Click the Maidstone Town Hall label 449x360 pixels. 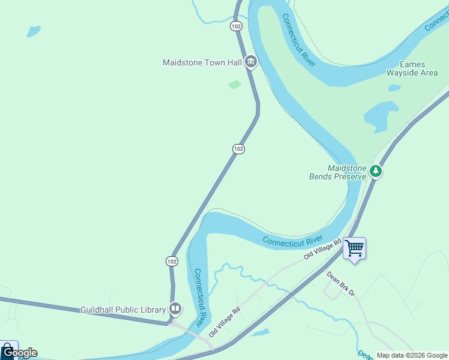click(202, 62)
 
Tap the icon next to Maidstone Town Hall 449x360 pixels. click(251, 62)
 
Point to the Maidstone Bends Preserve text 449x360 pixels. click(337, 173)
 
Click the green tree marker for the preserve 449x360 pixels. click(376, 172)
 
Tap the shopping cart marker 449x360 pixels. click(354, 247)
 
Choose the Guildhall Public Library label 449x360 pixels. click(123, 310)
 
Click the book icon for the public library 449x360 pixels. click(175, 310)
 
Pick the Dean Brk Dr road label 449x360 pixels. click(341, 284)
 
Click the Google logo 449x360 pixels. click(19, 353)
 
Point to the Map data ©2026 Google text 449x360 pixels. click(412, 355)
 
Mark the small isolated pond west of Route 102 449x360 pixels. click(34, 31)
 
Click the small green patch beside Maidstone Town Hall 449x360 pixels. click(235, 85)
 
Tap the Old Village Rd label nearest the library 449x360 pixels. click(224, 321)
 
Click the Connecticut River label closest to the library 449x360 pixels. click(201, 294)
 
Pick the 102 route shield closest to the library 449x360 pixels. click(172, 261)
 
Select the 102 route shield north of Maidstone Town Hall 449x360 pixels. click(236, 26)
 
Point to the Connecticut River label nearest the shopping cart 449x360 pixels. click(293, 241)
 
